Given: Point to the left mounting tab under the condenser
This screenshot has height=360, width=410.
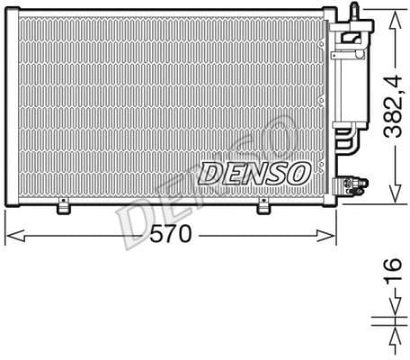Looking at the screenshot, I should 64,208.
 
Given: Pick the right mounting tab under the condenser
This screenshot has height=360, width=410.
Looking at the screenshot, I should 264,208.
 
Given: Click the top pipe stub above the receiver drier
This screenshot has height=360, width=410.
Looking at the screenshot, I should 355,9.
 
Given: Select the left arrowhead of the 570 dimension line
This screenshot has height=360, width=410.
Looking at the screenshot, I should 11,237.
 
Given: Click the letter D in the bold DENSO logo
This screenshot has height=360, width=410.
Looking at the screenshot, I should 209,172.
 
